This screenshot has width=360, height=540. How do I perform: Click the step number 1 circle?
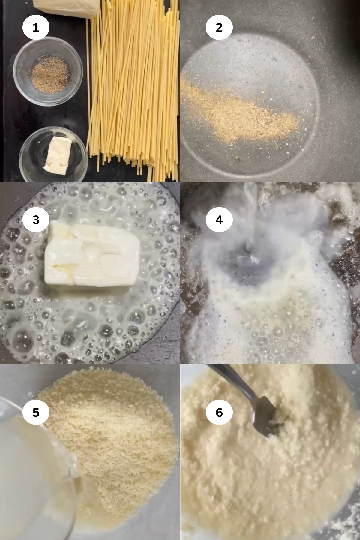36,28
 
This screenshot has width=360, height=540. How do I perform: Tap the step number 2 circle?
219,28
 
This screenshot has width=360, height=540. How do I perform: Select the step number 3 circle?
36,220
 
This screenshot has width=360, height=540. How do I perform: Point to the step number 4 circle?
219,220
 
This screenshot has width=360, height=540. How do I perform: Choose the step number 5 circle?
36,412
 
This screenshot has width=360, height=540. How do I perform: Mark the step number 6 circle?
219,412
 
